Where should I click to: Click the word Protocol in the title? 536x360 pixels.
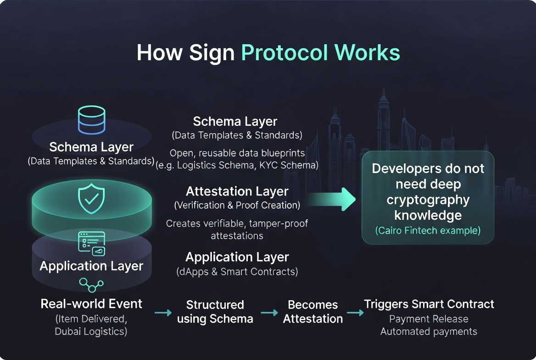pyautogui.click(x=284, y=52)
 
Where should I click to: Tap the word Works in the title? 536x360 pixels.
pyautogui.click(x=367, y=52)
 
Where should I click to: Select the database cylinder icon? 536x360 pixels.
pyautogui.click(x=92, y=120)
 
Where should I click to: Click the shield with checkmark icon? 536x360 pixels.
pyautogui.click(x=91, y=199)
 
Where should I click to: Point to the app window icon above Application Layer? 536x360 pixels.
pyautogui.click(x=92, y=243)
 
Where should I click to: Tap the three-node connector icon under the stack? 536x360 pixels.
pyautogui.click(x=91, y=285)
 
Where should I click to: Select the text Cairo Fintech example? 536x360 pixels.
pyautogui.click(x=428, y=231)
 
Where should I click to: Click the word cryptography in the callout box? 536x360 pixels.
pyautogui.click(x=428, y=200)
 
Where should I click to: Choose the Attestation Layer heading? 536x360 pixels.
pyautogui.click(x=237, y=191)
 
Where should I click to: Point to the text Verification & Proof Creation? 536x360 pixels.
pyautogui.click(x=237, y=205)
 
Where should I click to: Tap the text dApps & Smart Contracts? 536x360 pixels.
pyautogui.click(x=237, y=271)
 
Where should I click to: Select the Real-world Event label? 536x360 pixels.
pyautogui.click(x=91, y=304)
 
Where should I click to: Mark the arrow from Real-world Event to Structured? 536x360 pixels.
pyautogui.click(x=163, y=313)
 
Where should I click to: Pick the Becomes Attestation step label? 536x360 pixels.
pyautogui.click(x=313, y=312)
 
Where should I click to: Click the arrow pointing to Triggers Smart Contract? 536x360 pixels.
pyautogui.click(x=355, y=313)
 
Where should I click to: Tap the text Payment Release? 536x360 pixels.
pyautogui.click(x=429, y=319)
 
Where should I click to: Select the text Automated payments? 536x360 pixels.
pyautogui.click(x=429, y=331)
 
